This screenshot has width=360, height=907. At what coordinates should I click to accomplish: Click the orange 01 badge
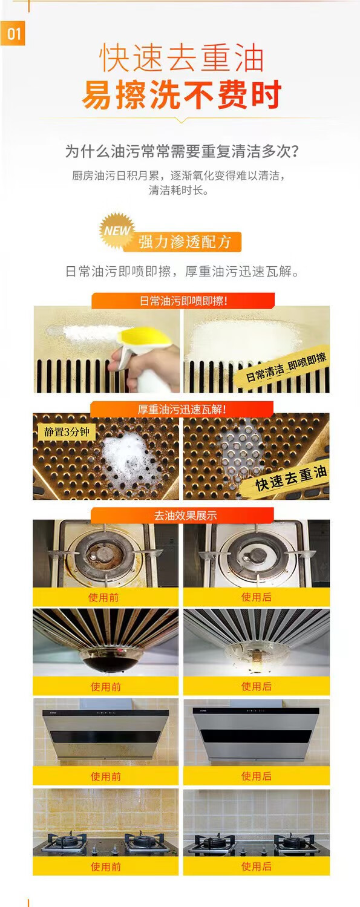[x=13, y=34]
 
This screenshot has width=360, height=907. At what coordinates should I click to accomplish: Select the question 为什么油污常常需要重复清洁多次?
[x=182, y=151]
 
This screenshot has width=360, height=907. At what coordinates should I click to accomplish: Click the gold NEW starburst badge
[x=117, y=231]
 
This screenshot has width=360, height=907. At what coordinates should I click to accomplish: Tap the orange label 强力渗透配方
[x=185, y=242]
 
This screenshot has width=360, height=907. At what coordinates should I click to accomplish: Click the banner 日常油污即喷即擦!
[x=183, y=301]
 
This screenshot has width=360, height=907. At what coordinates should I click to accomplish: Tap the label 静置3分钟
[x=67, y=431]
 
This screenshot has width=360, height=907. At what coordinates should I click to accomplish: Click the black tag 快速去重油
[x=291, y=478]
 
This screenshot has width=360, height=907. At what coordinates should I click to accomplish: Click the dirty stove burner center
[x=101, y=553]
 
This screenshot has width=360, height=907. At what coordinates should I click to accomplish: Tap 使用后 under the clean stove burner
[x=257, y=597]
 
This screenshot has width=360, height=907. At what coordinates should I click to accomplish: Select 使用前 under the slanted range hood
[x=106, y=776]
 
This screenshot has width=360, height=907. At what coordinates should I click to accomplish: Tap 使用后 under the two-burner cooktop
[x=257, y=866]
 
